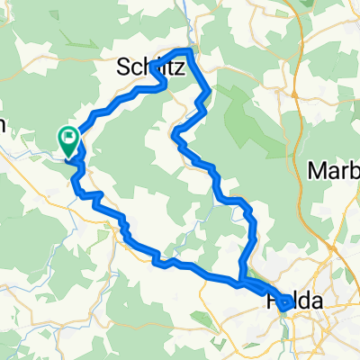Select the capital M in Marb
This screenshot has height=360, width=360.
(316, 171)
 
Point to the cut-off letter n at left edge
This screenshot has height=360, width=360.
(3, 128)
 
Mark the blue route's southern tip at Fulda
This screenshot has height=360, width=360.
(285, 307)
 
